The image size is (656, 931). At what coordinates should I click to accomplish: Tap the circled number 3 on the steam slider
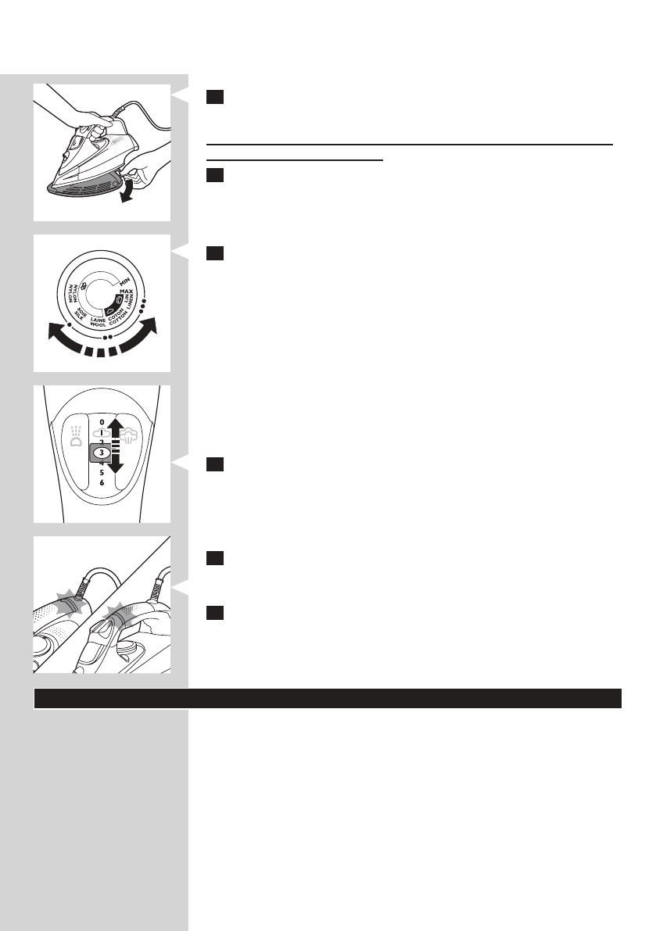102,453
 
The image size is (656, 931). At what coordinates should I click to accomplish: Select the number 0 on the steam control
102,423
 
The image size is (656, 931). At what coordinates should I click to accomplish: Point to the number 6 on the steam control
102,483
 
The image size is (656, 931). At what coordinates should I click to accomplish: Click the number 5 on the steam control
102,473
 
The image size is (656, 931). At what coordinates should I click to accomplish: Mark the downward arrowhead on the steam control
116,467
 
